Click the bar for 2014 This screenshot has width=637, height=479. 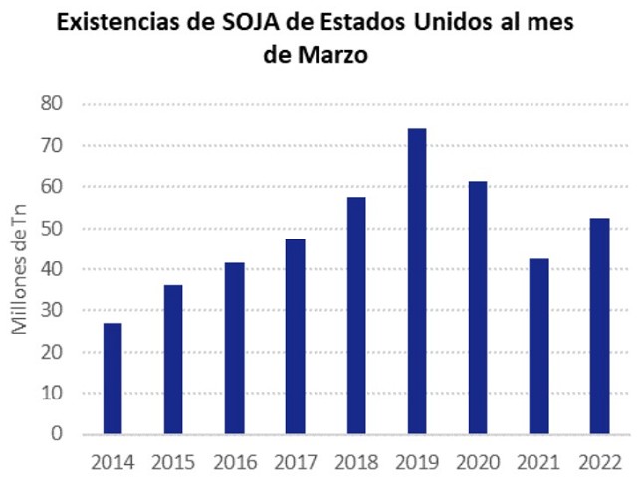[x=113, y=380]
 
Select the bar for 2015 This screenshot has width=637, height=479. [x=174, y=360]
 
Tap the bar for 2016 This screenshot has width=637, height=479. [x=235, y=349]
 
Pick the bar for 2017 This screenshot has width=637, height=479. [x=296, y=337]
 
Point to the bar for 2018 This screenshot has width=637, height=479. [x=356, y=316]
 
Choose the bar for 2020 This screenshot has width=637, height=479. [x=478, y=308]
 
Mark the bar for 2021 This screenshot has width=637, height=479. [x=538, y=347]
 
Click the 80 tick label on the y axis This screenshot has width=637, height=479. [x=52, y=103]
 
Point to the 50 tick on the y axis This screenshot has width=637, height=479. [x=52, y=228]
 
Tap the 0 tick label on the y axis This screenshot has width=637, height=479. [x=58, y=434]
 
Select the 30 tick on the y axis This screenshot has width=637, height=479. [x=52, y=310]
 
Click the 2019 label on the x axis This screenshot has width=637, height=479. [x=417, y=461]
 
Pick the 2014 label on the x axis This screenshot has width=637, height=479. [x=113, y=461]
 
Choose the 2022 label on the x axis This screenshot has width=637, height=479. [x=599, y=461]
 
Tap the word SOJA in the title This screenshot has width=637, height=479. [x=258, y=22]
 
